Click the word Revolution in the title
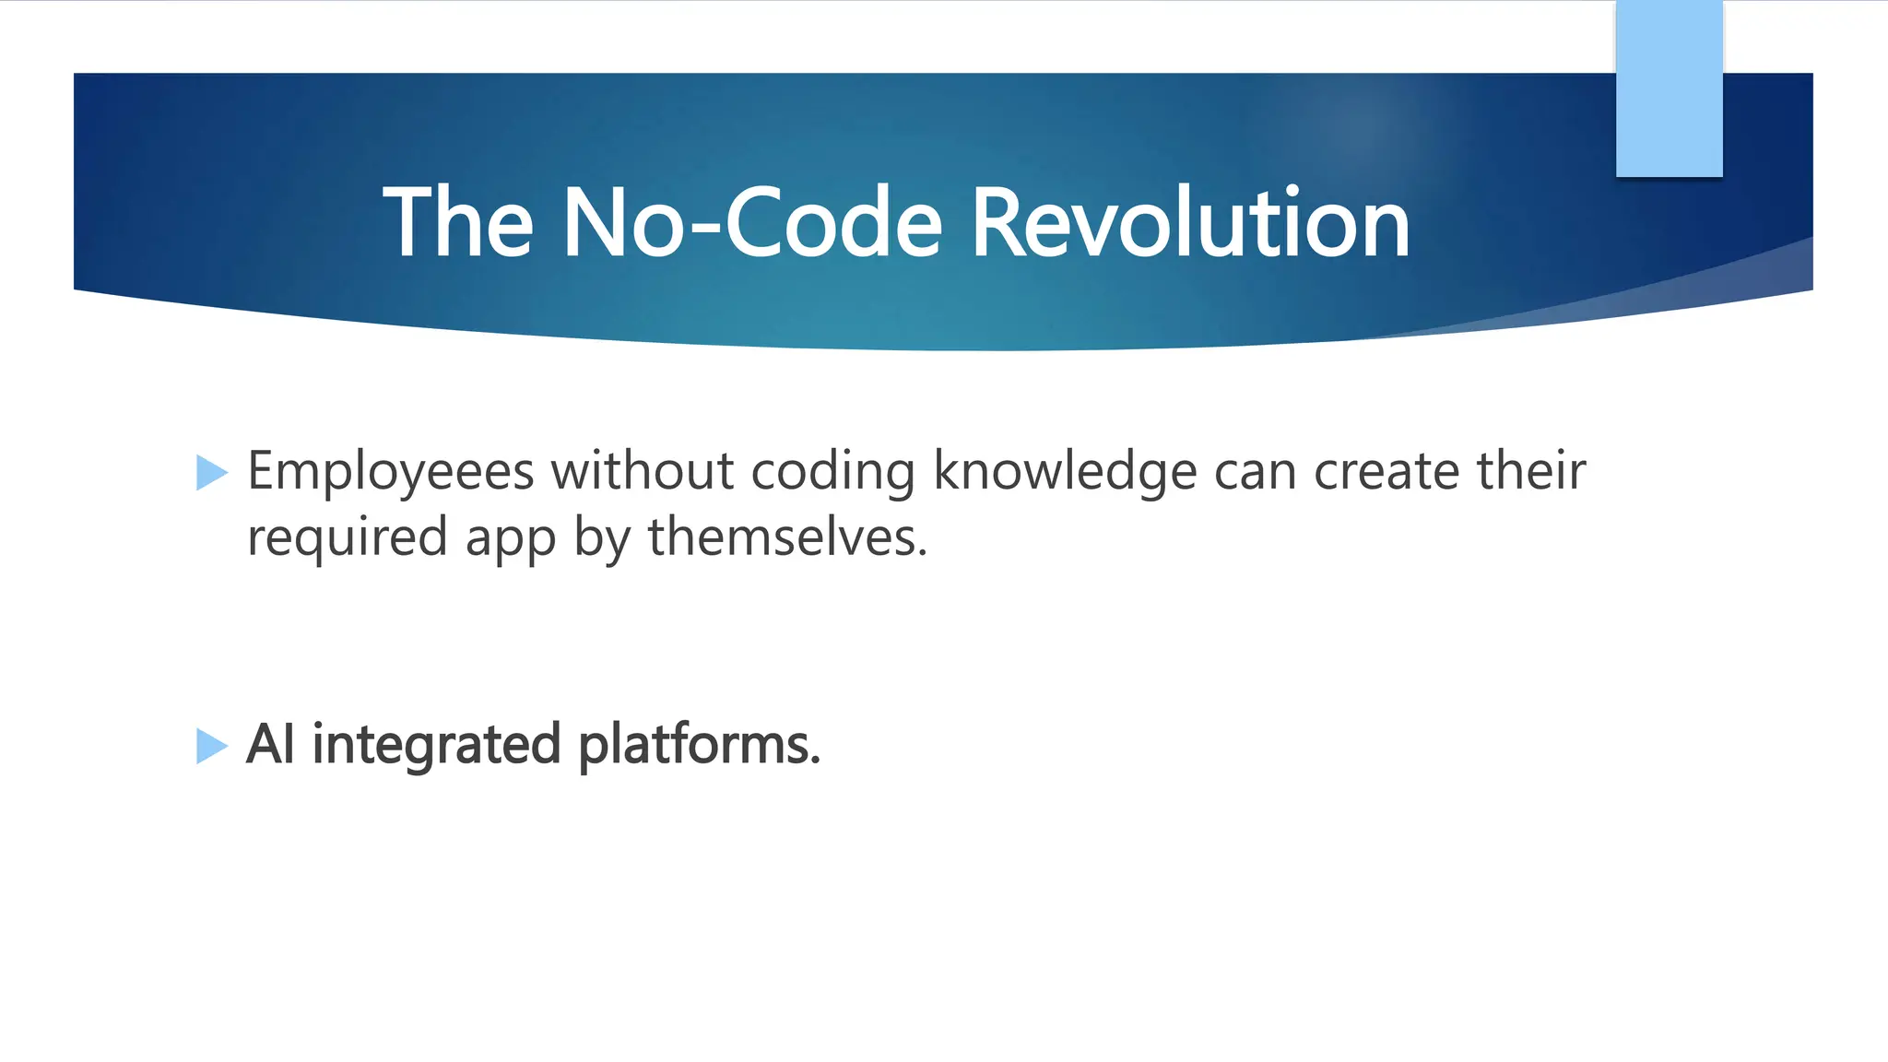[1190, 222]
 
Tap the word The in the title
[458, 222]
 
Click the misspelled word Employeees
[391, 472]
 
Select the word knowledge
[1065, 472]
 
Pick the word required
[348, 538]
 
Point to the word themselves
[787, 537]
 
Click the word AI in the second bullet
[270, 744]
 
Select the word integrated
[437, 745]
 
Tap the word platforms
[699, 745]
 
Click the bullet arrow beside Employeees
[212, 473]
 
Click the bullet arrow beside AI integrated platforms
[212, 746]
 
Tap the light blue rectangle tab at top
[1669, 88]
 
